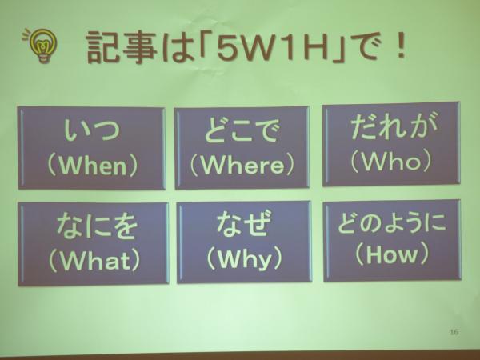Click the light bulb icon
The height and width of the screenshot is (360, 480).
pyautogui.click(x=41, y=45)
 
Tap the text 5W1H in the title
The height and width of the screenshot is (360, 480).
pyautogui.click(x=272, y=47)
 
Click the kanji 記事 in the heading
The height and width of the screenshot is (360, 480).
pyautogui.click(x=122, y=47)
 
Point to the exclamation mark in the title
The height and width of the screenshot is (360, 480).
pyautogui.click(x=400, y=46)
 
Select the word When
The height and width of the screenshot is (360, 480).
pyautogui.click(x=93, y=166)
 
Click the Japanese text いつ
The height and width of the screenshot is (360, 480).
pyautogui.click(x=91, y=130)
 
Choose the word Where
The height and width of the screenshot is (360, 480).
pyautogui.click(x=242, y=166)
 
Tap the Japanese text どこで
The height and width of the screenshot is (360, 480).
pyautogui.click(x=242, y=131)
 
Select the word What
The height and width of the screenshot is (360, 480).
pyautogui.click(x=94, y=261)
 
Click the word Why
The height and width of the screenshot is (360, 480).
pyautogui.click(x=244, y=259)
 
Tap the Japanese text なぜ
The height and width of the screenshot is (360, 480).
pyautogui.click(x=244, y=223)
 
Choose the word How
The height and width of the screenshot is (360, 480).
pyautogui.click(x=391, y=254)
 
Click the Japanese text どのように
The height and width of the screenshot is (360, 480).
pyautogui.click(x=392, y=222)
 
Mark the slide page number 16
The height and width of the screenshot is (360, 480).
pyautogui.click(x=454, y=332)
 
